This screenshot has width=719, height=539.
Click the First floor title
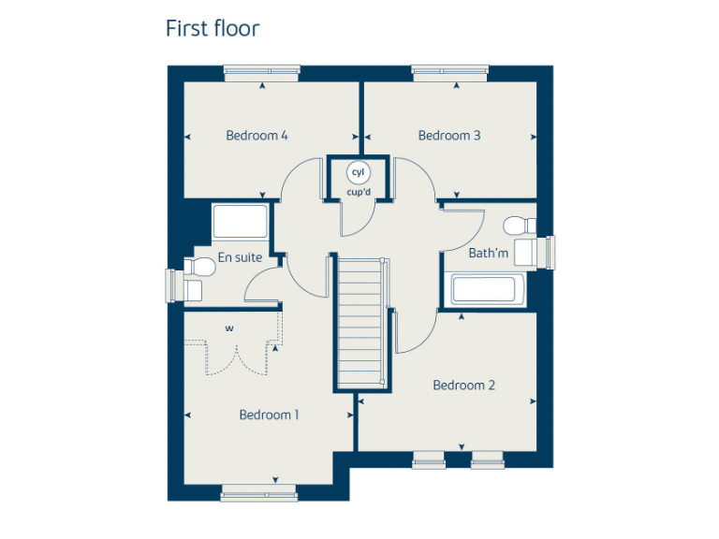click(213, 28)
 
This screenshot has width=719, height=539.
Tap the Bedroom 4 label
click(257, 136)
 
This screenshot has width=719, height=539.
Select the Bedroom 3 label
click(449, 136)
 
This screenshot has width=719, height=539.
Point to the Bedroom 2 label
click(463, 385)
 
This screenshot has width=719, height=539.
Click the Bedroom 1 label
click(269, 415)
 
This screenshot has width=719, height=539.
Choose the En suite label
click(240, 257)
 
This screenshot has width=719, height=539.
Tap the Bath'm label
click(489, 253)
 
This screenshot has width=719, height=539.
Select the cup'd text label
click(359, 193)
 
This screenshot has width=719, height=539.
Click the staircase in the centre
click(359, 323)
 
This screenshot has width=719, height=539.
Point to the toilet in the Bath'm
click(517, 226)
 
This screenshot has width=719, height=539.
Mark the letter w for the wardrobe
click(228, 328)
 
